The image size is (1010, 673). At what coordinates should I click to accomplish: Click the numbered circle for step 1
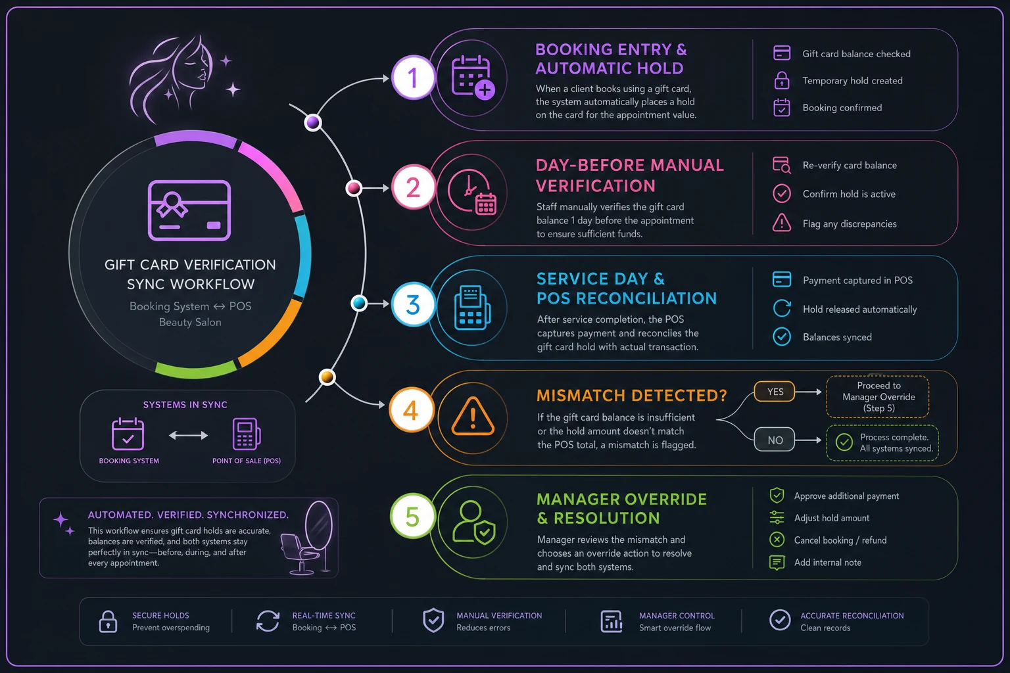pos(412,78)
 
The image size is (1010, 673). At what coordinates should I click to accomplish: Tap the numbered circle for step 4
pos(410,410)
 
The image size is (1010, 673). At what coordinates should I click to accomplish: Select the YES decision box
pos(774,392)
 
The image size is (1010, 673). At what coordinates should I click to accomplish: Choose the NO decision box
pos(774,440)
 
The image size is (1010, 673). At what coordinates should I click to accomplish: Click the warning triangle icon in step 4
pos(472,417)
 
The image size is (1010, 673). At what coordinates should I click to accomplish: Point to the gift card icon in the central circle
pos(189,210)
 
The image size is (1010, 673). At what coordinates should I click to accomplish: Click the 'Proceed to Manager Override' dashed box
pos(878,397)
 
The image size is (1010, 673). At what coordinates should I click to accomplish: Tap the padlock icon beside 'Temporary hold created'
pos(781,81)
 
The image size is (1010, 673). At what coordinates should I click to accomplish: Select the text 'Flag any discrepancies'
pos(850,223)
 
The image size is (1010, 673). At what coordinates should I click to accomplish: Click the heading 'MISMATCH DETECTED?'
pos(631,396)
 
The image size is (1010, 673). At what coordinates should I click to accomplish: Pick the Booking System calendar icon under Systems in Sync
pos(128,434)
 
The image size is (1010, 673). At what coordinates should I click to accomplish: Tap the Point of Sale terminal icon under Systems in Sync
pos(246,434)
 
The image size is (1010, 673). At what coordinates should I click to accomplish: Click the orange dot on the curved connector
pos(327,377)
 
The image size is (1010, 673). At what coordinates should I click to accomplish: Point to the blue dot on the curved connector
pos(359,303)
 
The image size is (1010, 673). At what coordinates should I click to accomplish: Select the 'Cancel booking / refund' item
pos(840,540)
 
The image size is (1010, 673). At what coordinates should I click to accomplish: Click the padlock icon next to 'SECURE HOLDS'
pos(108,622)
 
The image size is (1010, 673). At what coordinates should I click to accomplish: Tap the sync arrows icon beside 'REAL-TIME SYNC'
pos(268,621)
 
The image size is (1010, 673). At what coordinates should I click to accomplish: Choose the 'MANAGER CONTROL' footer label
pos(677,616)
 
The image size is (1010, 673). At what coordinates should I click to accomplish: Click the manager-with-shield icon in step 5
pos(473,522)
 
